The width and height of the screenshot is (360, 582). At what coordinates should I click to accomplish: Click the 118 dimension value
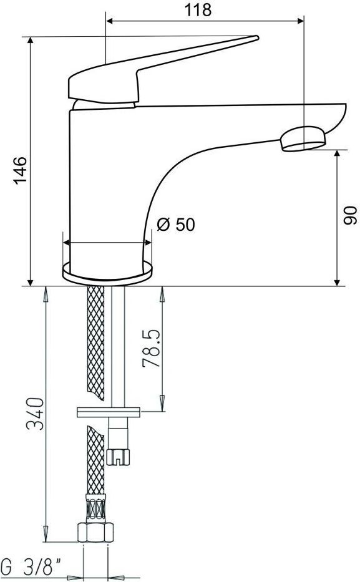click(198, 9)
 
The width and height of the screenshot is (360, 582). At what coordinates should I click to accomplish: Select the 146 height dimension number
click(21, 170)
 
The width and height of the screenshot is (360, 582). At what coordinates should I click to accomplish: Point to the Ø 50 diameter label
click(175, 225)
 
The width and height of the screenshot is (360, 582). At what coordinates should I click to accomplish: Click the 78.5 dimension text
click(152, 348)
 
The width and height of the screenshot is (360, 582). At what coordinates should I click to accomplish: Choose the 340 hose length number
click(36, 414)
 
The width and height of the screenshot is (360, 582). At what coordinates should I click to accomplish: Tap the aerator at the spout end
click(303, 139)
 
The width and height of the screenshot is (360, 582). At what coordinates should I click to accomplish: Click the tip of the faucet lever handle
click(256, 37)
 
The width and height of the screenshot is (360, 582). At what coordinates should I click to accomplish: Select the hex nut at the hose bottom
click(95, 532)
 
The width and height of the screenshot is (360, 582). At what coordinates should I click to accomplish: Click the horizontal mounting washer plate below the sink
click(109, 412)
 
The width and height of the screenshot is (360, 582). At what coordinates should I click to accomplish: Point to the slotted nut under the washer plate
click(118, 457)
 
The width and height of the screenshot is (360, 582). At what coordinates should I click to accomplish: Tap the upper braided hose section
click(95, 342)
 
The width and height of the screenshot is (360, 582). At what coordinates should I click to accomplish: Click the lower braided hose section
click(95, 460)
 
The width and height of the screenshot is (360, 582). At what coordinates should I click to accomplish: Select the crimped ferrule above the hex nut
click(95, 508)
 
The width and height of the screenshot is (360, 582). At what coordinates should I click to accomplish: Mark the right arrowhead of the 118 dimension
click(300, 21)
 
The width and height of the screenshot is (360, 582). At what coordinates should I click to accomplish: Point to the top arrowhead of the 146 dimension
click(31, 41)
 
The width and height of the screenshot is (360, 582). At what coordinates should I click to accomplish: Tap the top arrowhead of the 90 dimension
click(337, 155)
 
